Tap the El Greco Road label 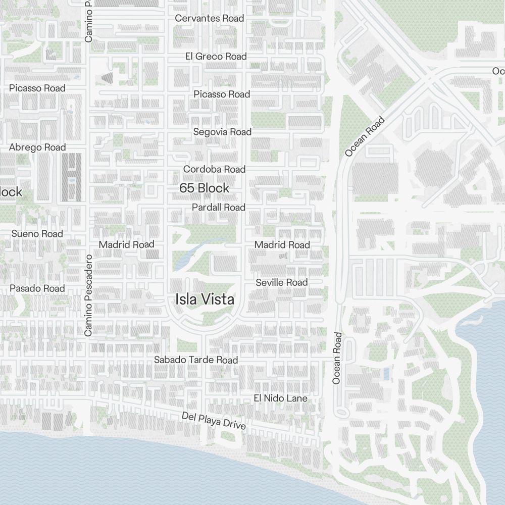[x=216, y=56]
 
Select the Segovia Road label [x=222, y=132]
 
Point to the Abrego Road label [x=37, y=147]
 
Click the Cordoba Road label [x=214, y=169]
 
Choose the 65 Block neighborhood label [x=204, y=188]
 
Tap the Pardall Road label [x=218, y=208]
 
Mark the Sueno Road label [x=37, y=234]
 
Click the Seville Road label [x=281, y=282]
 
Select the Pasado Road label [x=37, y=288]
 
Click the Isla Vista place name [x=205, y=299]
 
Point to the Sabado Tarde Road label [x=195, y=360]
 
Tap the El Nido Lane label [x=280, y=398]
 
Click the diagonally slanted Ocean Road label [x=365, y=136]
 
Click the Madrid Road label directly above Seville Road [x=282, y=245]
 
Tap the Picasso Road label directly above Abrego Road [x=37, y=88]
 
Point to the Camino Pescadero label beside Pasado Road [x=88, y=295]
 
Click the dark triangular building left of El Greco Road [x=108, y=77]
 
